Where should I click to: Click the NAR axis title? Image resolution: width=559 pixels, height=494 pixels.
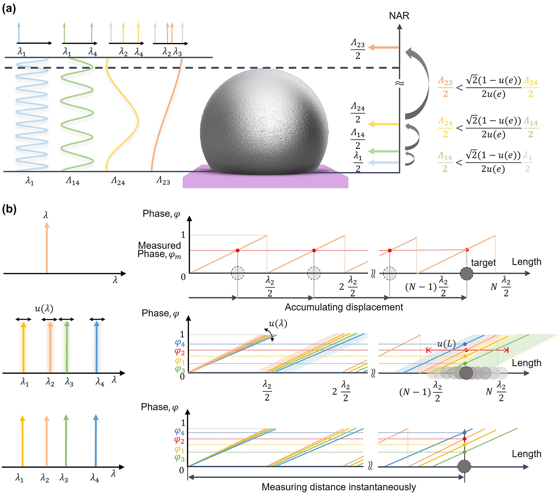click(x=399, y=16)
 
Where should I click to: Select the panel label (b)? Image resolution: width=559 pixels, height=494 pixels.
click(x=9, y=209)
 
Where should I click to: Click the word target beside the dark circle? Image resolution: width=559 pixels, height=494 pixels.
click(x=483, y=263)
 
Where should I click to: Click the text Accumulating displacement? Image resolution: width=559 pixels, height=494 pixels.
click(x=344, y=307)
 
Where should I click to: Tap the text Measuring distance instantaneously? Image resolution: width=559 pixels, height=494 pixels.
click(x=339, y=487)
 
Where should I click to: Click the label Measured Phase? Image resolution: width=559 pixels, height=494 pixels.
click(x=159, y=250)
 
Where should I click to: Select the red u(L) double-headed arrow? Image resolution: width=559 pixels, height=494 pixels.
click(x=467, y=350)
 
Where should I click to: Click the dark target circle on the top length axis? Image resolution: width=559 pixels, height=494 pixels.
click(x=467, y=273)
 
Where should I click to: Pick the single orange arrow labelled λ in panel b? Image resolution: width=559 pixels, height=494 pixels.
click(x=47, y=247)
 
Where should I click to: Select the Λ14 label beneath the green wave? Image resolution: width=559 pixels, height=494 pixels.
click(x=73, y=181)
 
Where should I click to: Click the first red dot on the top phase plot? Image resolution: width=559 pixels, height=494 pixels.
click(x=237, y=250)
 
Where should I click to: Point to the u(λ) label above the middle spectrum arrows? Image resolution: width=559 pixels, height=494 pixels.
click(x=44, y=309)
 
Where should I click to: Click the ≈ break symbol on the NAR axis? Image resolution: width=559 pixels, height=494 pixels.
click(x=399, y=83)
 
